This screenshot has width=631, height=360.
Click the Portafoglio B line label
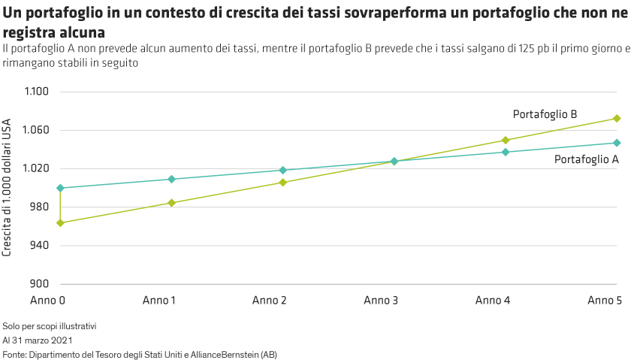(545, 114)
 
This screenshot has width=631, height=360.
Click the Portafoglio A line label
(587, 159)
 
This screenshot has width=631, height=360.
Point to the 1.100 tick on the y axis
(37, 92)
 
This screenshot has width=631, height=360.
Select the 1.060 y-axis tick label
(37, 130)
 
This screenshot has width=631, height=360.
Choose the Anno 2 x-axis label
(270, 300)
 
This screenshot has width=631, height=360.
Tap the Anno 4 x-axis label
(493, 300)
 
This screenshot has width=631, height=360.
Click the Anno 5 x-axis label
(604, 300)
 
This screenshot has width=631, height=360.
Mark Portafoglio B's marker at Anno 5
(617, 118)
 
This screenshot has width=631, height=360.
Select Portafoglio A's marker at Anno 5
(617, 143)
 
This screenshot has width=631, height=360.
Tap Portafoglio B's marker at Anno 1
(171, 203)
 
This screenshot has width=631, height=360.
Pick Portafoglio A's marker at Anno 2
(282, 171)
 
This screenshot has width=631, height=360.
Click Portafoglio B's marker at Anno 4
(506, 140)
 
